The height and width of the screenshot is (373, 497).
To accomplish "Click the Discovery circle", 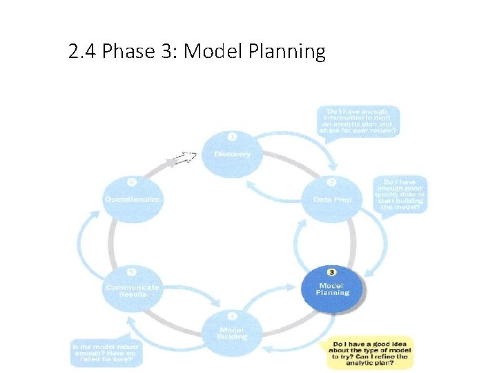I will pyautogui.click(x=232, y=153).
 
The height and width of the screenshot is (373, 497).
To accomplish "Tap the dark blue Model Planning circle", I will pyautogui.click(x=333, y=289).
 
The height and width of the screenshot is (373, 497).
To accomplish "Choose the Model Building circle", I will pyautogui.click(x=232, y=334).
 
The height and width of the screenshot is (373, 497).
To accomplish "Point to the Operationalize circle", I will pyautogui.click(x=132, y=199).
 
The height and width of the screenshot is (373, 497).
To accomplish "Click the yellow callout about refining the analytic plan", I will pyautogui.click(x=370, y=352).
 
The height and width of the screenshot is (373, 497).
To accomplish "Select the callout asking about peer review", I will pyautogui.click(x=358, y=121).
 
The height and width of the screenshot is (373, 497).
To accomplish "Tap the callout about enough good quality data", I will pyautogui.click(x=401, y=195).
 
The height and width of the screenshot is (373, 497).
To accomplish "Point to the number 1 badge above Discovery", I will pyautogui.click(x=232, y=137).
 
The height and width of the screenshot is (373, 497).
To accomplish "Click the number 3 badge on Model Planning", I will pyautogui.click(x=333, y=274).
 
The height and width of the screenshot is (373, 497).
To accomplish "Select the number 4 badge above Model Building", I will pyautogui.click(x=232, y=316).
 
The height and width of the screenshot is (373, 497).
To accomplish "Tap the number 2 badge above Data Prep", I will pyautogui.click(x=332, y=182).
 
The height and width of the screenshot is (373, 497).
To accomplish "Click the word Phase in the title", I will pyautogui.click(x=127, y=52).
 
